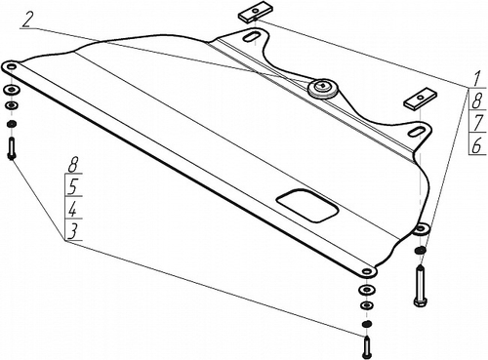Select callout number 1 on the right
(473, 76)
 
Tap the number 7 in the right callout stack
(475, 122)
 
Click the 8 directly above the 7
(475, 100)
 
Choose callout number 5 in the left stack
(72, 186)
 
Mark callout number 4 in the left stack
(72, 209)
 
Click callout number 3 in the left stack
(72, 231)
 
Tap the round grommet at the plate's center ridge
(321, 89)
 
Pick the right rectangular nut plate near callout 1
(421, 100)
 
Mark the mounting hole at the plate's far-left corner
(11, 66)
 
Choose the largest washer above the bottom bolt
(366, 291)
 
